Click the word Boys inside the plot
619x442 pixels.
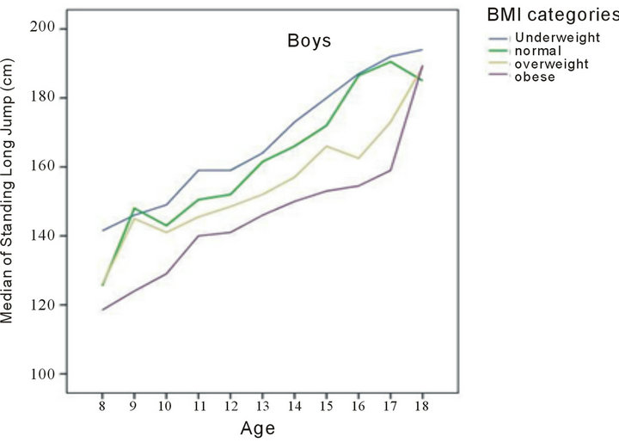point(309,40)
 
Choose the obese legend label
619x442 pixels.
point(534,77)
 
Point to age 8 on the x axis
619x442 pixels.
point(102,405)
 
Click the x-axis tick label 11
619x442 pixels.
point(198,405)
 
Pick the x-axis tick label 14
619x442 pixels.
point(293,405)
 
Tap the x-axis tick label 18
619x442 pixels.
point(421,405)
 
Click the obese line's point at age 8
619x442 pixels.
point(102,310)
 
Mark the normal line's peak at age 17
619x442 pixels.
point(389,61)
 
